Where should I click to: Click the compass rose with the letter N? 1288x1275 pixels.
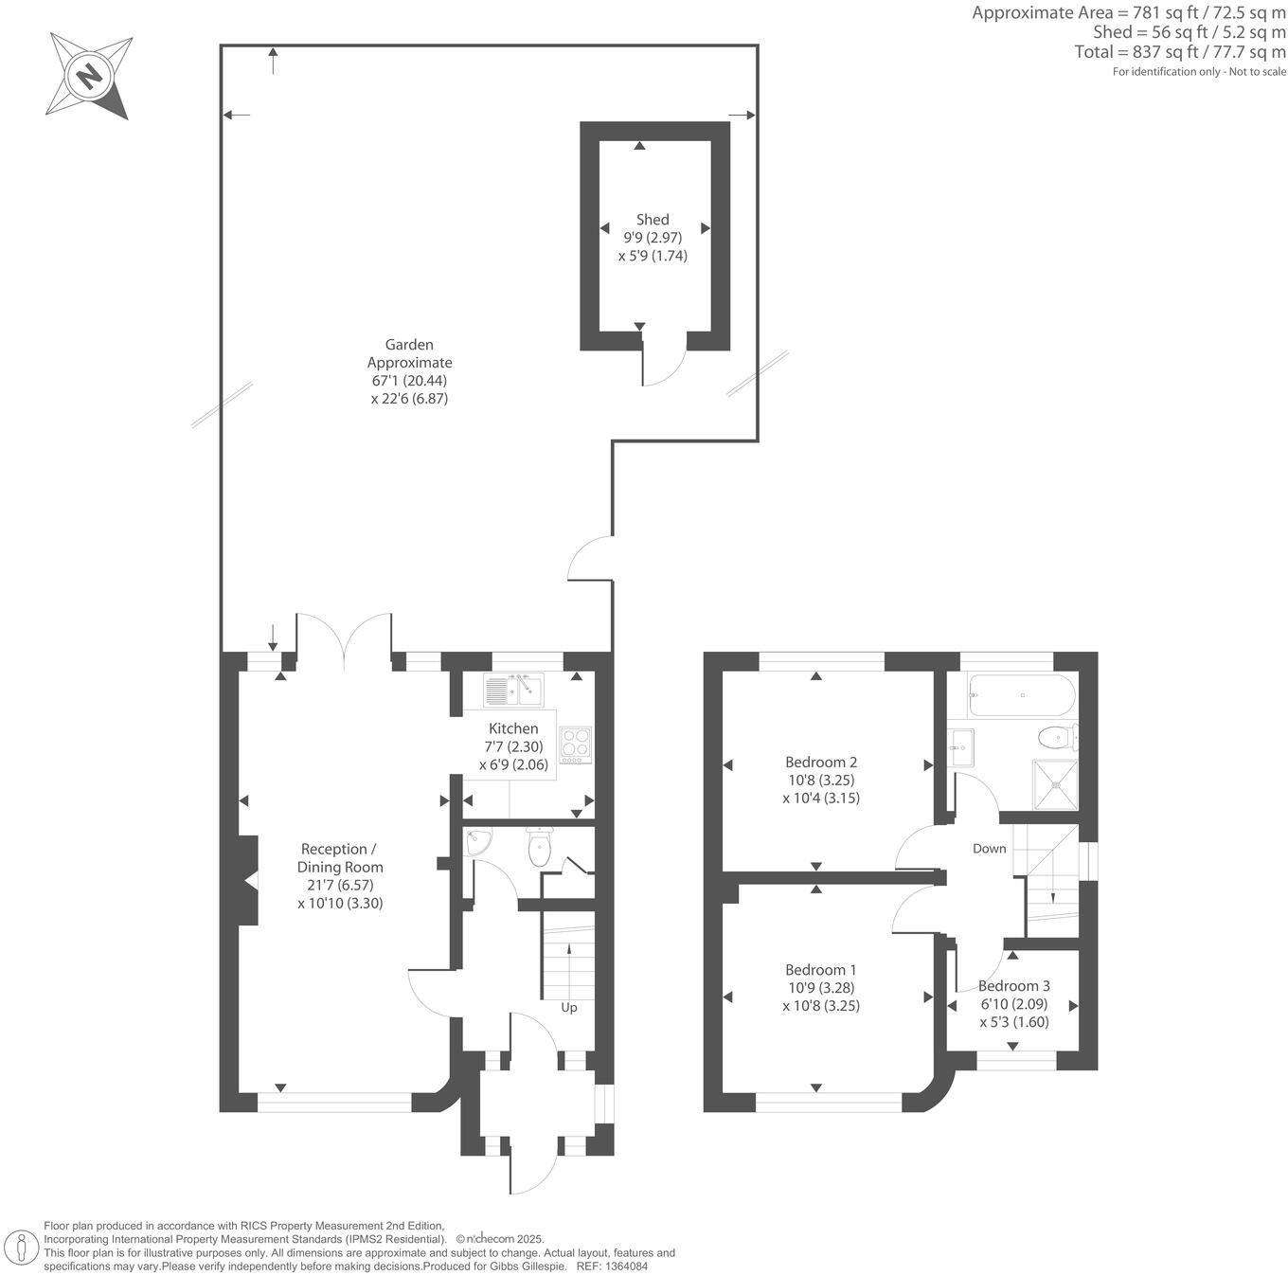pyautogui.click(x=90, y=76)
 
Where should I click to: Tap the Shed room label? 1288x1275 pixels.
pyautogui.click(x=653, y=220)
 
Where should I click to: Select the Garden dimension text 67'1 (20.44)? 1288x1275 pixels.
pyautogui.click(x=409, y=381)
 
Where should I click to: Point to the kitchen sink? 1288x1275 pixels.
pyautogui.click(x=511, y=690)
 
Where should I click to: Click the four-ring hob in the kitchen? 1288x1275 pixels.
pyautogui.click(x=575, y=745)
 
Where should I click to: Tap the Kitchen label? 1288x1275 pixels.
pyautogui.click(x=513, y=728)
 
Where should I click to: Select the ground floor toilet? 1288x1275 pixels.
pyautogui.click(x=540, y=847)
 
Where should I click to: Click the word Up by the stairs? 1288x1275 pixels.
pyautogui.click(x=569, y=1007)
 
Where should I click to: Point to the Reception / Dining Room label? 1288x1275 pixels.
pyautogui.click(x=340, y=858)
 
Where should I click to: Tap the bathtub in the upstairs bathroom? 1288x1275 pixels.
pyautogui.click(x=1021, y=696)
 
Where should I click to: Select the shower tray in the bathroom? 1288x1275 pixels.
pyautogui.click(x=1055, y=784)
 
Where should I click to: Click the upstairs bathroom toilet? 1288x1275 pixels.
pyautogui.click(x=1056, y=736)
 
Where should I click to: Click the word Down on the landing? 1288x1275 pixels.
pyautogui.click(x=989, y=849)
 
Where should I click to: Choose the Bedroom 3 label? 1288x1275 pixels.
pyautogui.click(x=1013, y=986)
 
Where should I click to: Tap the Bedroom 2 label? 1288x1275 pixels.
pyautogui.click(x=821, y=762)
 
